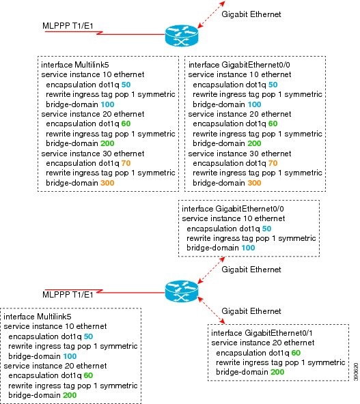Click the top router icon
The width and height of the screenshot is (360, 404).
(182, 35)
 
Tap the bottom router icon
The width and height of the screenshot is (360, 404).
(182, 291)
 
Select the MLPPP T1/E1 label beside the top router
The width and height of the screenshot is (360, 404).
(68, 26)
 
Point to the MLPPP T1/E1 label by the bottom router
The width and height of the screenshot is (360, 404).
(68, 295)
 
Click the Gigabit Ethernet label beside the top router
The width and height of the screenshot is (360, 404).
(251, 14)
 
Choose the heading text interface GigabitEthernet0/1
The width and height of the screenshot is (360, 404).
(262, 333)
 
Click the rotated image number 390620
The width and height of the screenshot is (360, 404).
(356, 371)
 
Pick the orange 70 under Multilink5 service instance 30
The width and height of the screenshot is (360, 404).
(126, 163)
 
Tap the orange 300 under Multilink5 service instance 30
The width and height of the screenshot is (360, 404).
(107, 183)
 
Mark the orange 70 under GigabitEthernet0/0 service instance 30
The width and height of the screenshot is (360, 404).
(273, 163)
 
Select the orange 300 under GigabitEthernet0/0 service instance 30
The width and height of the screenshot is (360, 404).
(254, 183)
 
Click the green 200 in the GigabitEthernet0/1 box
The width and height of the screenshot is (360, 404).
(277, 372)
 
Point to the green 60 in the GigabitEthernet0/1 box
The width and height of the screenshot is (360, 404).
(296, 353)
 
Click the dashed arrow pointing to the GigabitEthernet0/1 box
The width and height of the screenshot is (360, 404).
(211, 311)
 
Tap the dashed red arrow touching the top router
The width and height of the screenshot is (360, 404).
(211, 14)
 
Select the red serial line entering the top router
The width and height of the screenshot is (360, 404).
(105, 33)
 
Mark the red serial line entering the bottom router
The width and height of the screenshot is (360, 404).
(105, 291)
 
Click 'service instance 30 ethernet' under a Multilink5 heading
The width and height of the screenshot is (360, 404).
(93, 154)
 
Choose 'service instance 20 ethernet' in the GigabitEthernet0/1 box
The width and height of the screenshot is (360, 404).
(263, 343)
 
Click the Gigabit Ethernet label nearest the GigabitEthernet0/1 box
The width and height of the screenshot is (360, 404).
(251, 311)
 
